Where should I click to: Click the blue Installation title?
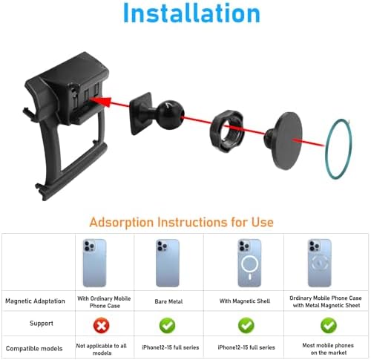pos(191,13)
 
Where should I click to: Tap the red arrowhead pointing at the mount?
pos(102,101)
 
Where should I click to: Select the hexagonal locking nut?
pos(227,131)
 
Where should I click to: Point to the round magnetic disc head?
pos(287,140)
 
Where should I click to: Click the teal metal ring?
pos(326,148)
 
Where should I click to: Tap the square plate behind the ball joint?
pos(140,114)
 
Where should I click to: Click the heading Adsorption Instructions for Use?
pos(181,222)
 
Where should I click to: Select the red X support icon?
pos(102,325)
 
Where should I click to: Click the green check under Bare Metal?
pos(168,325)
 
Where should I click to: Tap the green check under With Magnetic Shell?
pos(246,325)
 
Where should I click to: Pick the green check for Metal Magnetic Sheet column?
pos(329,325)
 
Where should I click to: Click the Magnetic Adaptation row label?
pos(35,301)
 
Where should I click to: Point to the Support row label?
pos(42,324)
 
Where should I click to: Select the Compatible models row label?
pos(34,349)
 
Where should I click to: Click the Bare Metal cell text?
pos(168,301)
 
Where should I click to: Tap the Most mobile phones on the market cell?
pos(328,349)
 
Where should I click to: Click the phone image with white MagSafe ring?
pos(249,263)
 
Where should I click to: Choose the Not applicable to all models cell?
pos(102,350)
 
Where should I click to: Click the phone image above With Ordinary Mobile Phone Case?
pos(94,263)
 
